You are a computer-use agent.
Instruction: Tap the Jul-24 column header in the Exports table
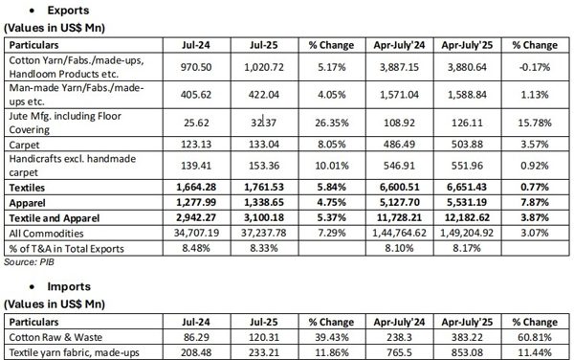click(194, 45)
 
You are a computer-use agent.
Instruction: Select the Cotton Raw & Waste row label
click(55, 338)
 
